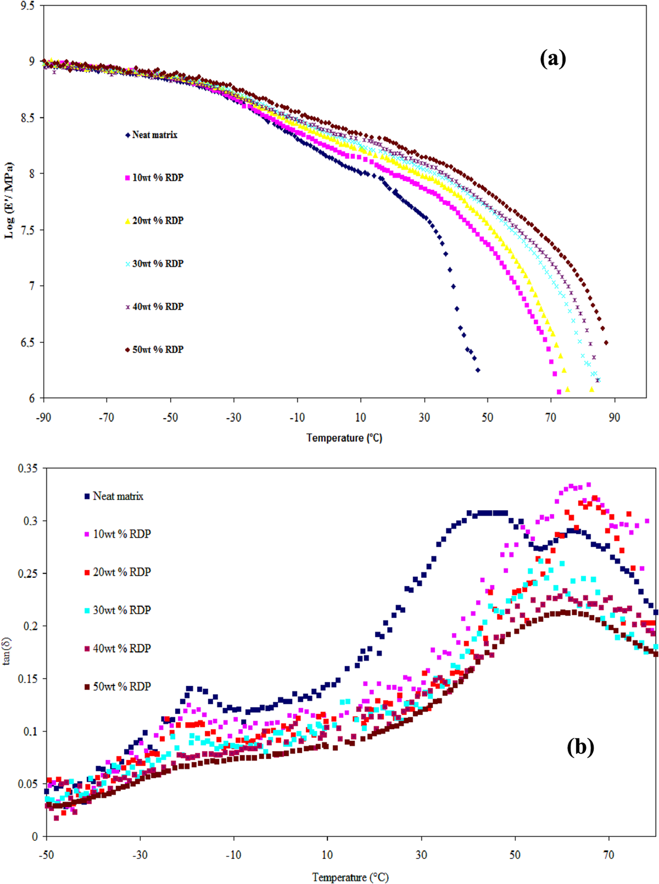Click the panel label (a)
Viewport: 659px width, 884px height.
tap(553, 59)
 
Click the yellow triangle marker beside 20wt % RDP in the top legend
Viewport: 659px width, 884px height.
tap(128, 221)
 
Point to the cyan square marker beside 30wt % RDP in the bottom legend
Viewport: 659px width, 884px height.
tap(87, 610)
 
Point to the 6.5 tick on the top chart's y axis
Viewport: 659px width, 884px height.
tap(29, 342)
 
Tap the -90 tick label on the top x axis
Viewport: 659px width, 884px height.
tap(43, 418)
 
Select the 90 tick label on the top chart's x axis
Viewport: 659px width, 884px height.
tap(615, 418)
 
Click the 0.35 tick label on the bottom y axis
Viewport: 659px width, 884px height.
tap(28, 468)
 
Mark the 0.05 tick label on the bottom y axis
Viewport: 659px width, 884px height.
tap(28, 783)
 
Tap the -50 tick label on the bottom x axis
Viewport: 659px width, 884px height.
tap(46, 855)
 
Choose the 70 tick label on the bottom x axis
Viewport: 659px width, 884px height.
tap(609, 855)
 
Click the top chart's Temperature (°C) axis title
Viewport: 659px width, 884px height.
tap(344, 438)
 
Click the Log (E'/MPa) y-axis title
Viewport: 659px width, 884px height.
tap(9, 201)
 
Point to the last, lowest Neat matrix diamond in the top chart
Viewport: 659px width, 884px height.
tap(478, 370)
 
